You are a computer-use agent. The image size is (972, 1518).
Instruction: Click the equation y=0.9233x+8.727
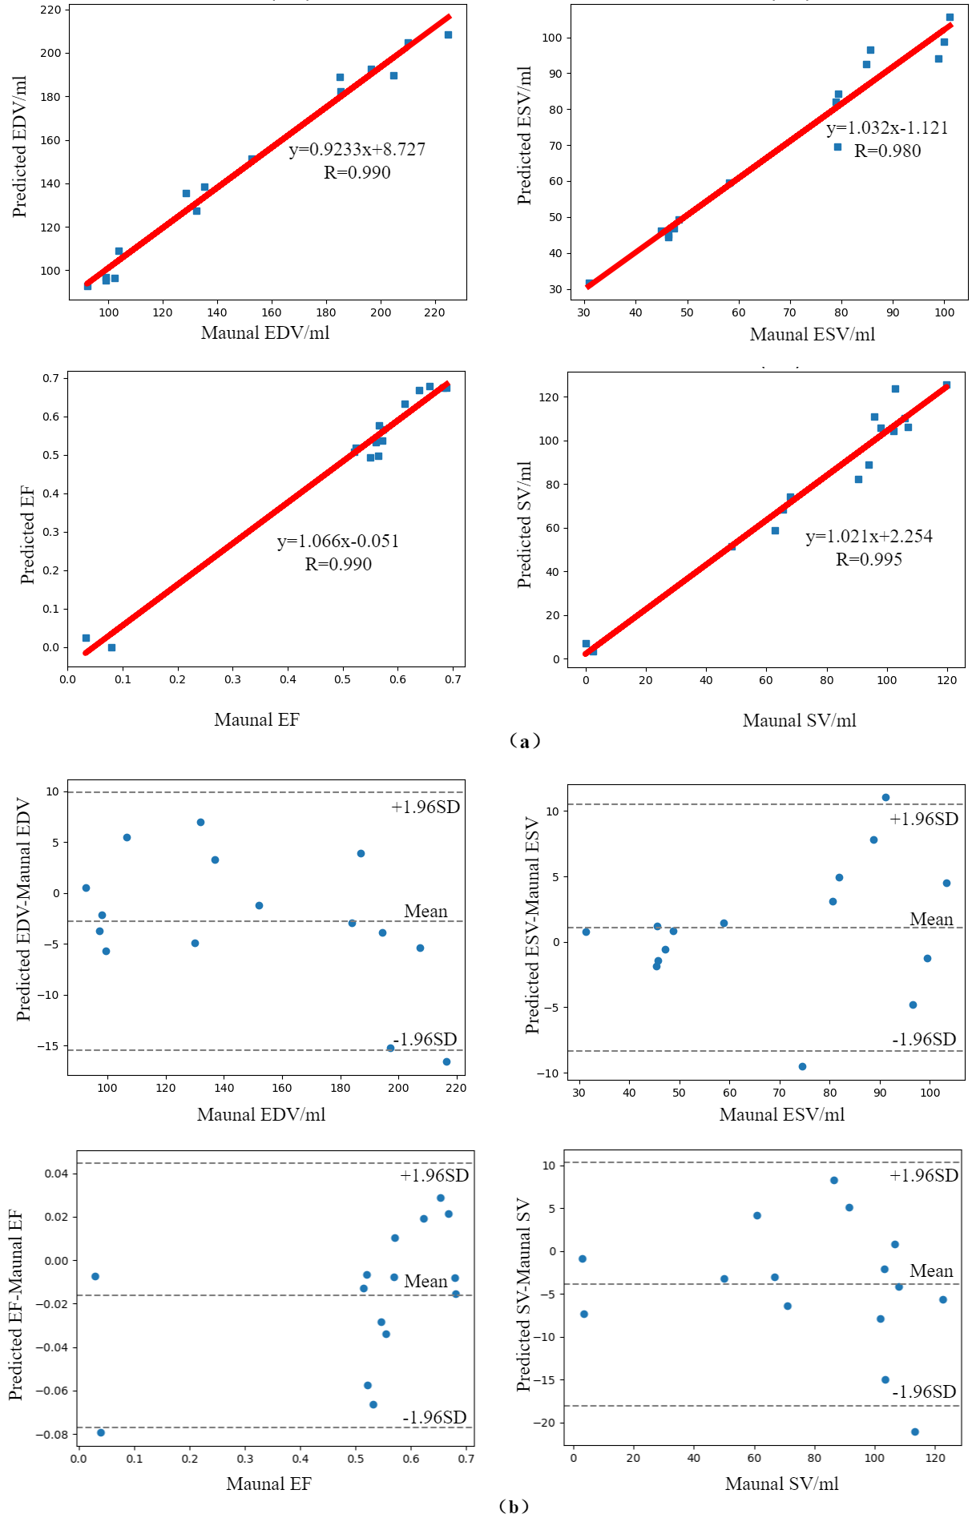point(357,149)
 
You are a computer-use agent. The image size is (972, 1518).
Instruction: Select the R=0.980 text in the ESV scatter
point(887,151)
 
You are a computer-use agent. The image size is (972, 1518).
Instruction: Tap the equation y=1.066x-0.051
point(338,541)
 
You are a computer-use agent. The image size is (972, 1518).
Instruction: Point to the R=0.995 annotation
point(869,559)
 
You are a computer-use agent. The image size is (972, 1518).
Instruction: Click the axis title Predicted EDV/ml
point(20,147)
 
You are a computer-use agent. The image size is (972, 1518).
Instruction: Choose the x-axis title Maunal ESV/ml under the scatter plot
point(813,334)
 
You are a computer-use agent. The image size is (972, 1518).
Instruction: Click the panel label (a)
point(525,741)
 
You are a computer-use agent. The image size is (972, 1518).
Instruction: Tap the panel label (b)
point(514,1506)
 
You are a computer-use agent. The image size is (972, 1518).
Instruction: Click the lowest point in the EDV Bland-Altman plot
point(446,1061)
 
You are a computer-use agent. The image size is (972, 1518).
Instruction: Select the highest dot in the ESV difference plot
point(885,797)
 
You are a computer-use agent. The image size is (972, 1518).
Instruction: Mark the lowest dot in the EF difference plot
point(101,1432)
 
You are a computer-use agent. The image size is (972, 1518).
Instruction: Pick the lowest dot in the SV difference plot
point(915,1431)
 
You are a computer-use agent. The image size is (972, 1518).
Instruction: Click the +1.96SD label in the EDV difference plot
point(426,807)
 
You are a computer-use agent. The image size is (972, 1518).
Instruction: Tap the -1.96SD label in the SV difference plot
point(924,1391)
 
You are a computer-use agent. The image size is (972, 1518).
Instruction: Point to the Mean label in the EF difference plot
point(426,1281)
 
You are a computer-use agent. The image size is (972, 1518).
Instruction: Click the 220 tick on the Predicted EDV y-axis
point(50,10)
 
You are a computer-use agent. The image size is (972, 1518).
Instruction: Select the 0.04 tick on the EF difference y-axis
point(55,1174)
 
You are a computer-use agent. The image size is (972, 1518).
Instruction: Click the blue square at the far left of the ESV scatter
point(589,283)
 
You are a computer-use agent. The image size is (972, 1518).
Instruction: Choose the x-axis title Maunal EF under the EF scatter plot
point(256,719)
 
